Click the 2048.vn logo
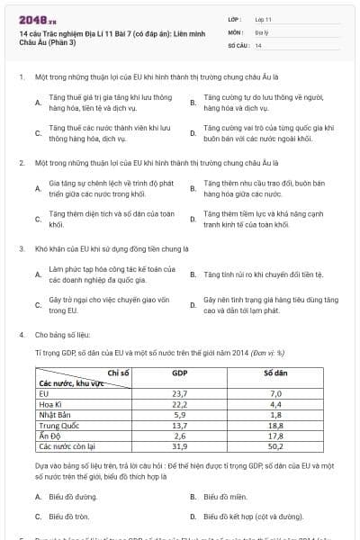point(34,19)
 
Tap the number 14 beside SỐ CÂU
point(258,44)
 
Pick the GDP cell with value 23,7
point(179,393)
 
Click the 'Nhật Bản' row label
point(55,415)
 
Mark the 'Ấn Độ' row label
point(49,436)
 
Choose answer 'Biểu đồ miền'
point(225,496)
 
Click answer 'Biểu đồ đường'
point(72,496)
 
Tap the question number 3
point(21,247)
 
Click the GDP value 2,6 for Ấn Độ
point(179,435)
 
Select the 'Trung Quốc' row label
point(59,425)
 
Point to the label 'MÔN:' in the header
point(236,31)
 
